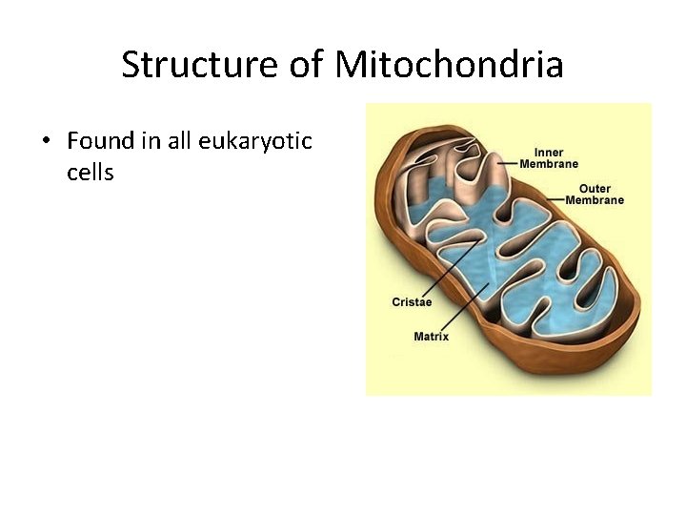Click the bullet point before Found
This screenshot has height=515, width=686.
pyautogui.click(x=45, y=142)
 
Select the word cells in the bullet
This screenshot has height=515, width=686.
pyautogui.click(x=91, y=173)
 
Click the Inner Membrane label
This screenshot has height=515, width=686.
pyautogui.click(x=549, y=158)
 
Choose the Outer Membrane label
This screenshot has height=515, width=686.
pyautogui.click(x=595, y=195)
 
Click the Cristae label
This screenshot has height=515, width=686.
pyautogui.click(x=412, y=302)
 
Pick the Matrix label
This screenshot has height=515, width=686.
pyautogui.click(x=431, y=337)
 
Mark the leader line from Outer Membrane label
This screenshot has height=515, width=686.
pyautogui.click(x=554, y=196)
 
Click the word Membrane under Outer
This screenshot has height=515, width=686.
pyautogui.click(x=595, y=200)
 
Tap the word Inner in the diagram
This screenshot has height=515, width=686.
pyautogui.click(x=549, y=153)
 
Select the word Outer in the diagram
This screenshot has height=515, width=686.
pyautogui.click(x=595, y=189)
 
